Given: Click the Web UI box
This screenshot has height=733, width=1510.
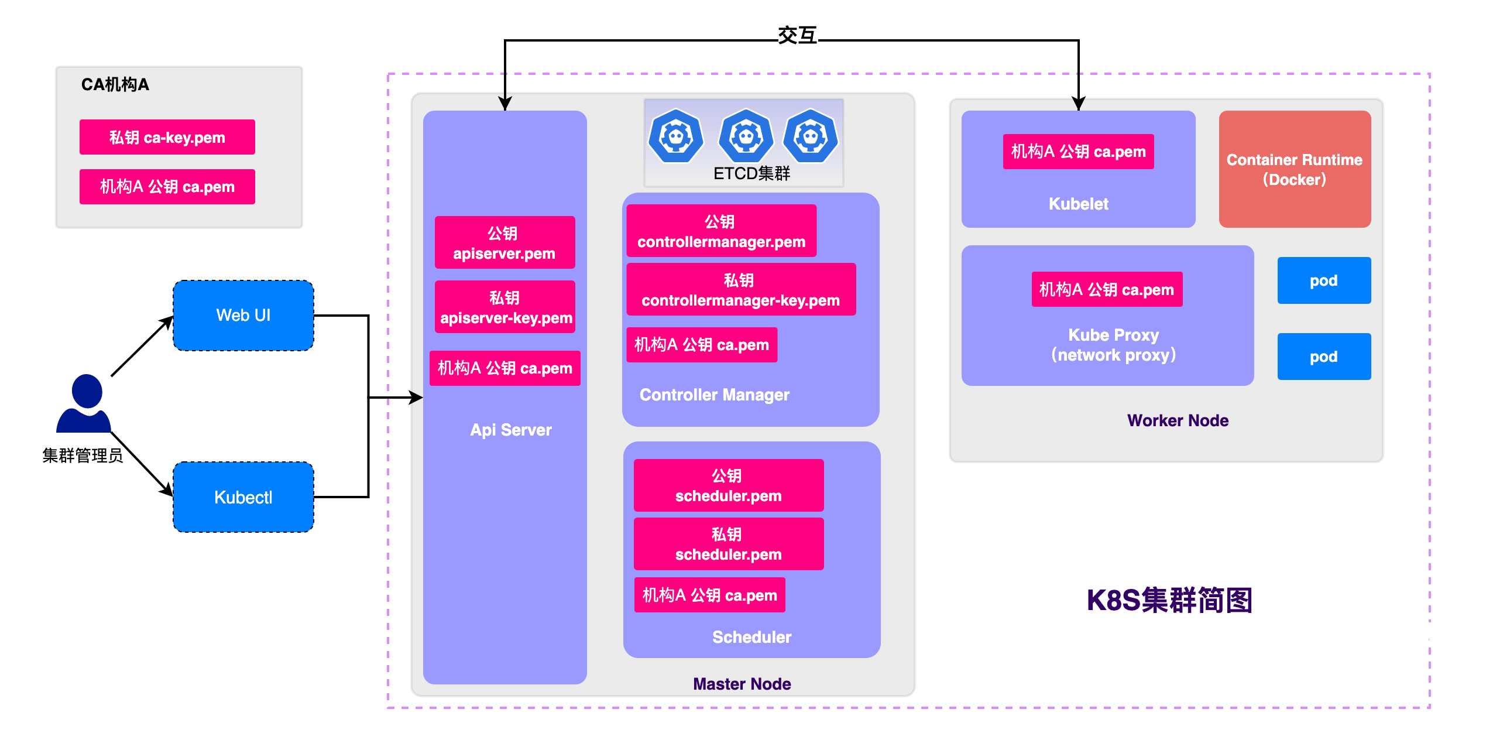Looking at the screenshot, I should (243, 316).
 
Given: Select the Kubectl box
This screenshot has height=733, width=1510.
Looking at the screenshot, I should (243, 497).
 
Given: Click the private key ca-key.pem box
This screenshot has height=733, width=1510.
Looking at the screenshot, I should (167, 137).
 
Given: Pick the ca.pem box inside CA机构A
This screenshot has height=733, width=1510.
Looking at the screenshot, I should (167, 187).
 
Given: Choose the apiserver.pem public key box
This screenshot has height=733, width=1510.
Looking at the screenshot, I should (504, 243).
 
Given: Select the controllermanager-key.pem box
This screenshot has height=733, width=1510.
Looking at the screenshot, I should (740, 290).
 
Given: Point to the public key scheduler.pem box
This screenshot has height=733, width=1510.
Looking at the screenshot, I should (728, 485).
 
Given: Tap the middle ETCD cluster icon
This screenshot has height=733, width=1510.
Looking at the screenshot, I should (746, 136).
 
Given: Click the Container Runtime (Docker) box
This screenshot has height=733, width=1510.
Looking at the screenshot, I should (1294, 169).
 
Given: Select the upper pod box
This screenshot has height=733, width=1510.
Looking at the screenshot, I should (1324, 280).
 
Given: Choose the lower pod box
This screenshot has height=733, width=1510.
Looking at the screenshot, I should (1324, 357).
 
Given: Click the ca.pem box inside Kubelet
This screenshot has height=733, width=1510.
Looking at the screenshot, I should (1078, 152).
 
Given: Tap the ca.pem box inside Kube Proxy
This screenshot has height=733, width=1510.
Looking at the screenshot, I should (1106, 289).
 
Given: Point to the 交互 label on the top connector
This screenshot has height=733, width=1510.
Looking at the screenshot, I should (797, 36).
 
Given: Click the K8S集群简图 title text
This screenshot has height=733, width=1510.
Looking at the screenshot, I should (1169, 600).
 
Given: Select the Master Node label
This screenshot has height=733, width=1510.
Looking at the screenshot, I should (742, 684).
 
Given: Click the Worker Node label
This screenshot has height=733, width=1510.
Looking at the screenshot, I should (1177, 420).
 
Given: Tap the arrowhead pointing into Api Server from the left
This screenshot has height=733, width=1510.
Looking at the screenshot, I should (416, 398).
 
